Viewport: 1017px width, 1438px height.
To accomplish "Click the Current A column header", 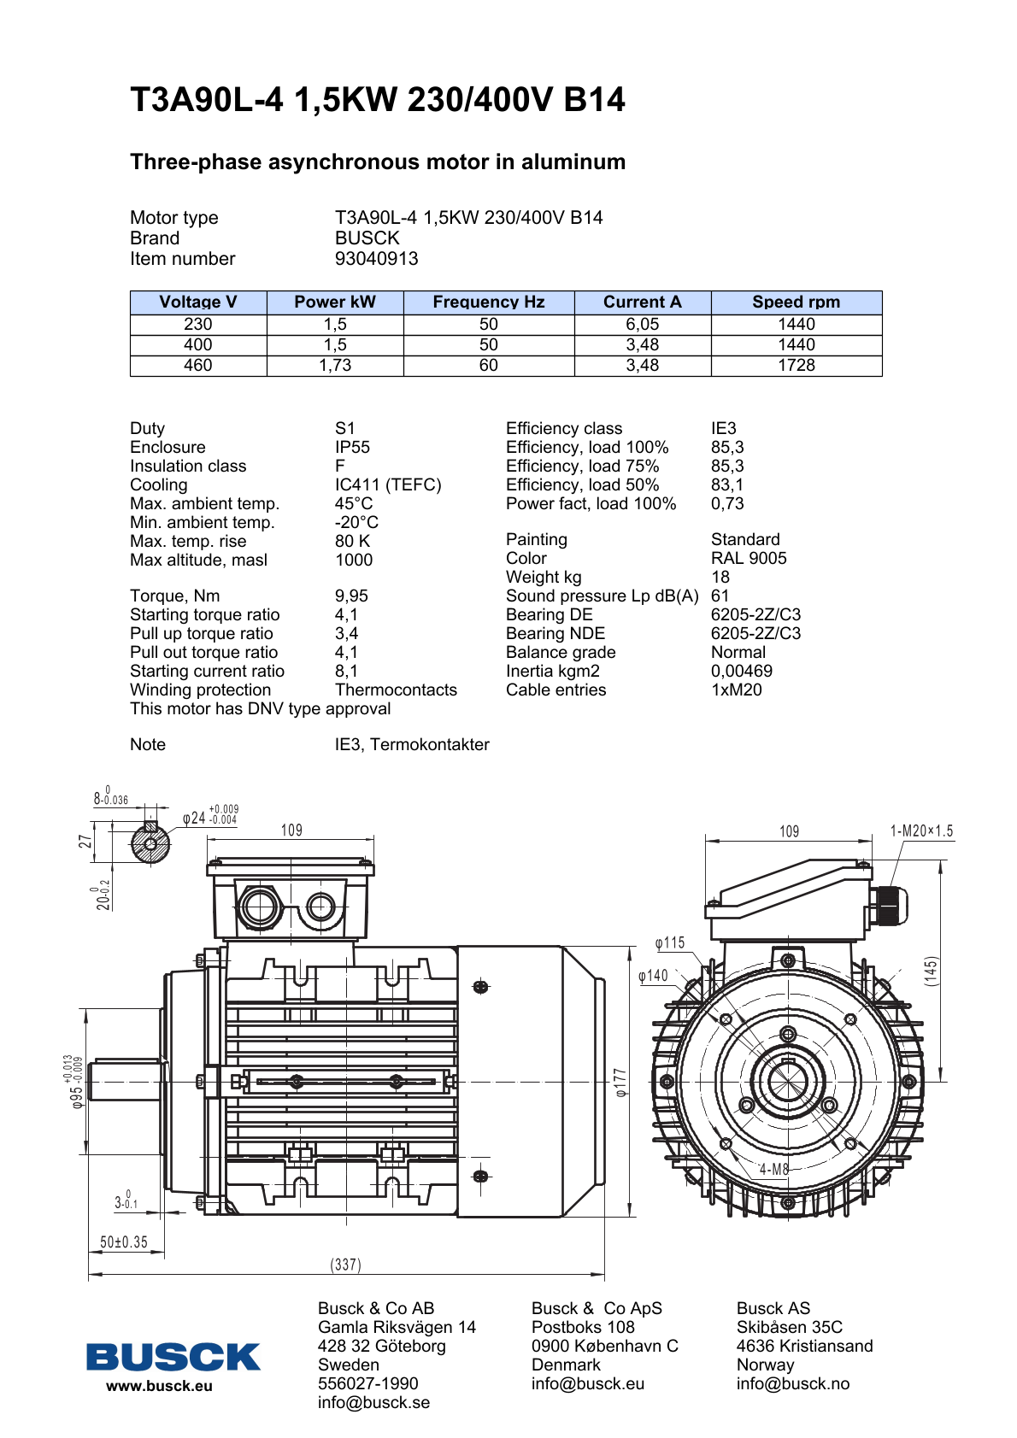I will [x=642, y=302].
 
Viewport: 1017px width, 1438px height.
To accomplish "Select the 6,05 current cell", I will [x=642, y=324].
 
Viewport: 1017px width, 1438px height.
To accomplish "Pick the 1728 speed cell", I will [x=796, y=365].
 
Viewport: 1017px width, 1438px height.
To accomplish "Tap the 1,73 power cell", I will [x=335, y=365].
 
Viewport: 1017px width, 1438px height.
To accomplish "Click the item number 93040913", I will [x=376, y=258].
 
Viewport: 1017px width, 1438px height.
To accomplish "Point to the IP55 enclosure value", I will [x=352, y=447].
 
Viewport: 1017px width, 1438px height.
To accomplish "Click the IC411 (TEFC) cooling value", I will [x=388, y=484].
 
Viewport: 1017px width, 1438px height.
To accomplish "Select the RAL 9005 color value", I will [x=749, y=558].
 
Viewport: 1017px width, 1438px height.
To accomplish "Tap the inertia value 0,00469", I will [x=742, y=671].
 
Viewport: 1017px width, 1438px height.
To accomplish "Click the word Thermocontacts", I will [x=396, y=690].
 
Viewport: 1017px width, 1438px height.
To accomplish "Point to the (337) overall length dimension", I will [x=346, y=1265].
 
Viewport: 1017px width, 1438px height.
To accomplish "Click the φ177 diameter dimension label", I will [x=621, y=1082].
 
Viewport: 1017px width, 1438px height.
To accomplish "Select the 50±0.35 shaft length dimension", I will [x=124, y=1241].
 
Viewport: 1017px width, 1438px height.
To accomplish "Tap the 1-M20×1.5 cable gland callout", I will [x=921, y=831].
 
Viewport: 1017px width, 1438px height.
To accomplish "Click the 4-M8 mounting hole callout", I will [x=774, y=1169].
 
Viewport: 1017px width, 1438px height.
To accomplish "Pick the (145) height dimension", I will [x=931, y=971].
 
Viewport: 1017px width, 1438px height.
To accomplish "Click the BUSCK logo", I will [x=173, y=1357].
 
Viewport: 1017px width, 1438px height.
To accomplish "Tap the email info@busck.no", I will [x=792, y=1383].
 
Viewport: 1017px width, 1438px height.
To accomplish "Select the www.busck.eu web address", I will [x=159, y=1386].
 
